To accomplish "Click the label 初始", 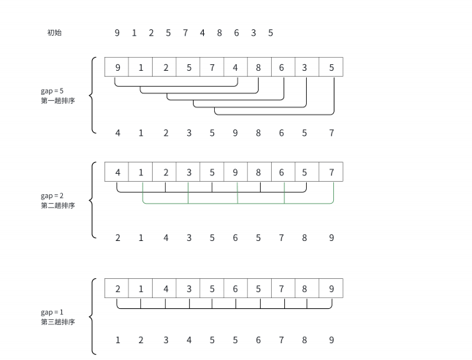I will point(54,33).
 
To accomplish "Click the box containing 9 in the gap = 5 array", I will point(117,67).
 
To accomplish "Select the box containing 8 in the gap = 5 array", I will point(259,67).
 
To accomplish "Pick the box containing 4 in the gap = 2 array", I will point(117,172).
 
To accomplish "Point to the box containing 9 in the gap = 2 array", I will point(235,172).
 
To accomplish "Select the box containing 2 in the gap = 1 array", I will point(117,288).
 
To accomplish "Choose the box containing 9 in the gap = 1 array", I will point(331,288).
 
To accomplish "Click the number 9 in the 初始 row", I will point(117,33).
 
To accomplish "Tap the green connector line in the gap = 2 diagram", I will point(237,203).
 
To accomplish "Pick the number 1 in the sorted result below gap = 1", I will point(117,340).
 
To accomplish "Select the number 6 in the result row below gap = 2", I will point(235,237).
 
